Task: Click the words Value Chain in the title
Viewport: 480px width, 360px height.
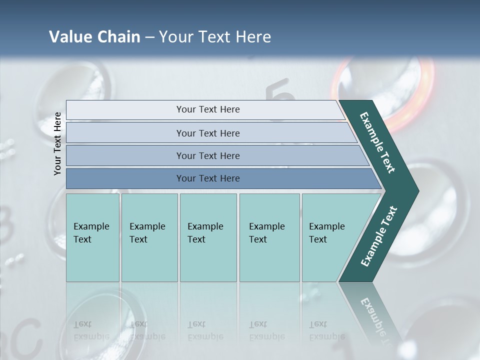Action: coord(94,37)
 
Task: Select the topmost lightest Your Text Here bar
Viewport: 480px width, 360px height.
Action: coord(207,109)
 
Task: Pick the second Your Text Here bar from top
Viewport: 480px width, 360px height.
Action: coord(207,133)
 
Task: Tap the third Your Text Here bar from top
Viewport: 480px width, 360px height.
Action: coord(207,155)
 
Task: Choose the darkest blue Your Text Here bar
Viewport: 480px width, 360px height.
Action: coord(207,178)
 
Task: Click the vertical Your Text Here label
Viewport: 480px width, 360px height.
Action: coord(57,143)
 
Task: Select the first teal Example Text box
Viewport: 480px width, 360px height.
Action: coord(92,237)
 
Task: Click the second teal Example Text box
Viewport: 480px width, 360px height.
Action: coord(149,237)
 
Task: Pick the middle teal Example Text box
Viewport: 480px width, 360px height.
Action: coord(208,237)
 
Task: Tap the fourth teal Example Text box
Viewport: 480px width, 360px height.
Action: coord(269,237)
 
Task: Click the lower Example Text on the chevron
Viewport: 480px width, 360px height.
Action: coord(379,236)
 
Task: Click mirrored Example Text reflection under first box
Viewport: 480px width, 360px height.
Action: coord(91,330)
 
